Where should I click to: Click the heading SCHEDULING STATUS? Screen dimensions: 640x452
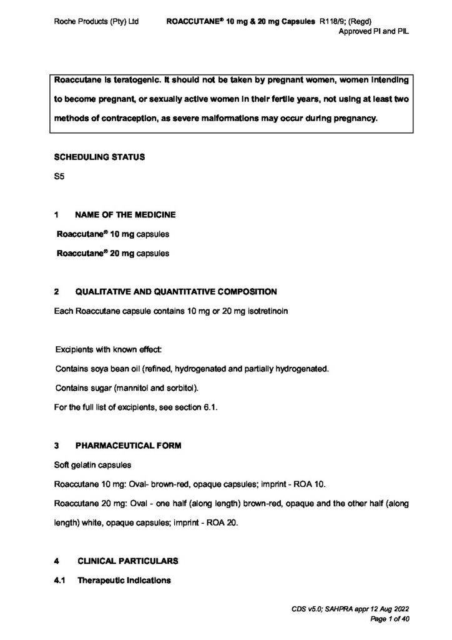(100, 157)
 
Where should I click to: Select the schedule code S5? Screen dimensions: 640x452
(59, 177)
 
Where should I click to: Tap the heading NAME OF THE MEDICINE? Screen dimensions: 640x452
(125, 215)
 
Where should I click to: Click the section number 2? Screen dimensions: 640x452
(57, 292)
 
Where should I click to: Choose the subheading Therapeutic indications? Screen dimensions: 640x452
(124, 581)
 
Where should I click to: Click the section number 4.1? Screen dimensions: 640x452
(60, 581)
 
